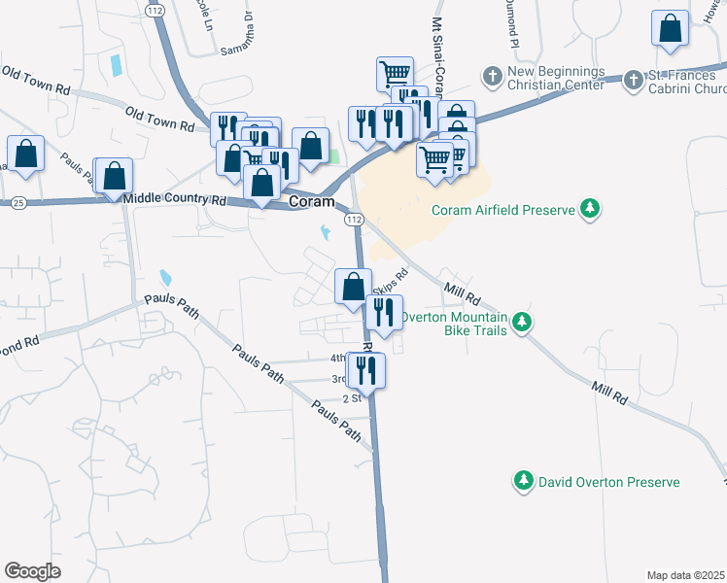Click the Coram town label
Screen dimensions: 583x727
(312, 202)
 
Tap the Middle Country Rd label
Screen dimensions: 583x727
(174, 199)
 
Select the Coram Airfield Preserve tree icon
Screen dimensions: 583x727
(589, 208)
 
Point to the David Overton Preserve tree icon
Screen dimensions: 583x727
(524, 481)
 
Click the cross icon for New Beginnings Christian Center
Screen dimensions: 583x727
(492, 76)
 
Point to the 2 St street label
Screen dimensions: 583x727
(352, 398)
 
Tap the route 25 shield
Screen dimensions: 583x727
(17, 202)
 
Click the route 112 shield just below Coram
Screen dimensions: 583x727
(354, 221)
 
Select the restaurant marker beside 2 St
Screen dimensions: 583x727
(366, 370)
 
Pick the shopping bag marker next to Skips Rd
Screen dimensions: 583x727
(353, 287)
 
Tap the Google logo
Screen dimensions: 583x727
(33, 570)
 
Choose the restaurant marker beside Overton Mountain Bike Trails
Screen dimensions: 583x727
(383, 313)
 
